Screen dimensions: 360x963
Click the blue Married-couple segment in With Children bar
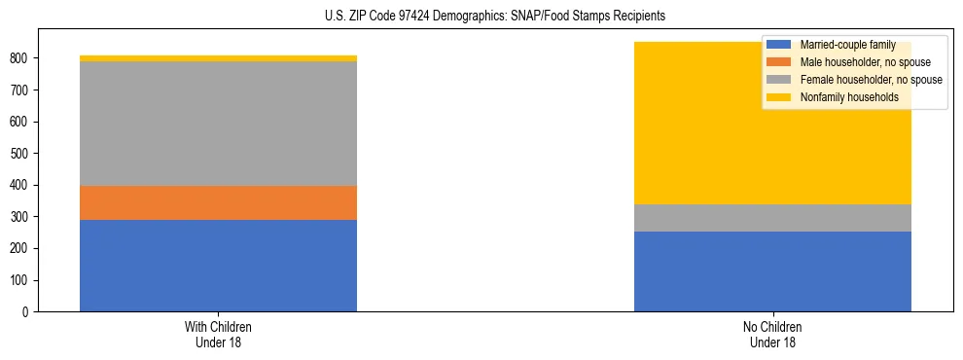[x=218, y=266]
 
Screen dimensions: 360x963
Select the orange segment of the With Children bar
[x=218, y=202]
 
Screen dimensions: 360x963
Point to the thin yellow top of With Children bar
[x=218, y=58]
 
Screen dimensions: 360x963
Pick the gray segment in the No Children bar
[x=772, y=218]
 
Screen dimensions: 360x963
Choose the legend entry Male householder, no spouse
[x=862, y=62]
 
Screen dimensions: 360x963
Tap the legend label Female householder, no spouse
[x=871, y=80]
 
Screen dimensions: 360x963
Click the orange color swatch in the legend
[x=779, y=62]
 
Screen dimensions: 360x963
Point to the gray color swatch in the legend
[x=779, y=80]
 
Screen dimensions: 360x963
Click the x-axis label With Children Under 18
[x=218, y=334]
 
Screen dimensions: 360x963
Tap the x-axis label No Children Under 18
[x=772, y=334]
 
